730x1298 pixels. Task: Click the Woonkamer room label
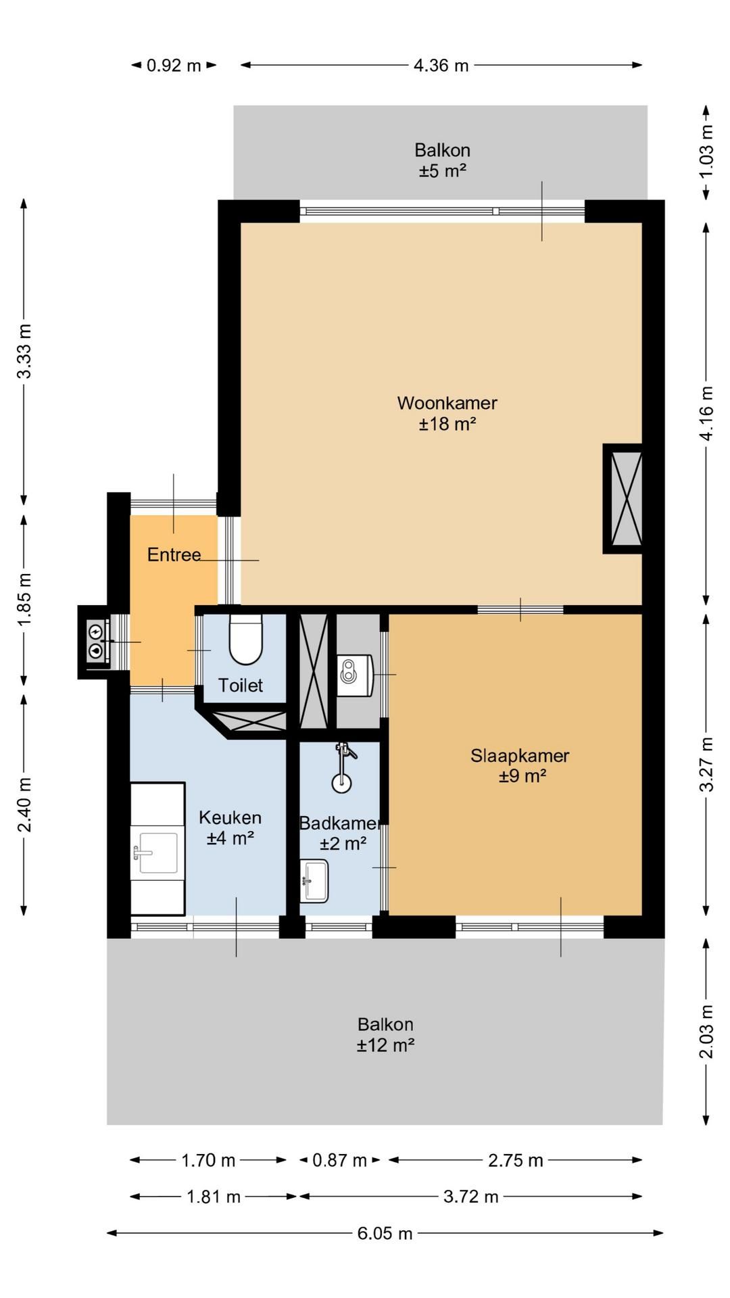click(x=447, y=403)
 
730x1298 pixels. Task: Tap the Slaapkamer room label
click(x=520, y=755)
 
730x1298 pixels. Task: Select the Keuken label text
click(x=230, y=817)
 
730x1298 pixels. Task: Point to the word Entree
click(x=174, y=555)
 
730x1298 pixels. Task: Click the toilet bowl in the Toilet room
click(x=245, y=639)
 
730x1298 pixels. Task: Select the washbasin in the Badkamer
click(x=314, y=880)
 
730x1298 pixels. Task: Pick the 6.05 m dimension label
click(x=385, y=1233)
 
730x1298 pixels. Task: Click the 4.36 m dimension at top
click(x=441, y=66)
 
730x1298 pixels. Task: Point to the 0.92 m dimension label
click(x=174, y=66)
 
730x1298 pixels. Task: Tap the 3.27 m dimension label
click(x=706, y=764)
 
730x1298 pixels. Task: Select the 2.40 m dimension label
click(x=24, y=804)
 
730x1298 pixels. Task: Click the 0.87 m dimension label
click(x=339, y=1161)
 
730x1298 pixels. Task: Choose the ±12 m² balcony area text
click(x=385, y=1045)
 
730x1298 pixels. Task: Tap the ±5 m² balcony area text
click(x=443, y=170)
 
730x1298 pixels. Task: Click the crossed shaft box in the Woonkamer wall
click(x=623, y=499)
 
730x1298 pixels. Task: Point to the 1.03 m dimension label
click(x=706, y=152)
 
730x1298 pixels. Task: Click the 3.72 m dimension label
click(x=471, y=1197)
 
